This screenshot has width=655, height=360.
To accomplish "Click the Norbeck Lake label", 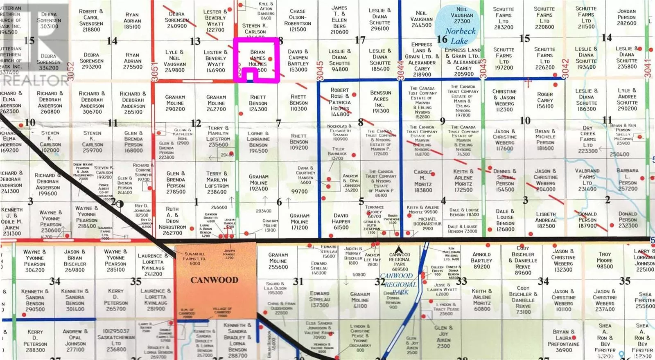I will click(x=460, y=36).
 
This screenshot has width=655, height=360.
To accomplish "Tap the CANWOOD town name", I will click(x=214, y=280).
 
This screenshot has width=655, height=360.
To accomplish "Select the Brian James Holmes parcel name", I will click(x=257, y=58).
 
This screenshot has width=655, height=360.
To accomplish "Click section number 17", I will click(x=360, y=40).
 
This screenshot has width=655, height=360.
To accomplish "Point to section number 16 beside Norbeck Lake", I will click(x=442, y=39).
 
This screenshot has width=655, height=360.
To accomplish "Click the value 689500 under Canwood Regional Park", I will click(x=400, y=269).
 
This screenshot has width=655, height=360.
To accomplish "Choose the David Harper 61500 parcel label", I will click(x=341, y=221).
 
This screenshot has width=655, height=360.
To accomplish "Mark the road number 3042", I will click(x=565, y=65).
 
